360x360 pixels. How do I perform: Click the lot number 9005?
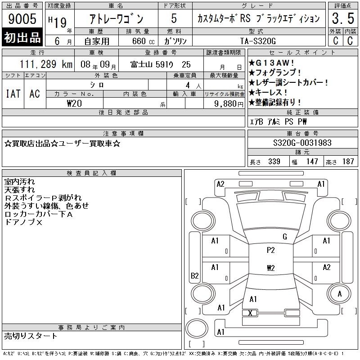(x=22, y=19)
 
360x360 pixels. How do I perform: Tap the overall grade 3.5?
(x=343, y=18)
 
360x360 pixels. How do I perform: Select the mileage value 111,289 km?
(x=46, y=64)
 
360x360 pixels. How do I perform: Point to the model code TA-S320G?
(x=258, y=41)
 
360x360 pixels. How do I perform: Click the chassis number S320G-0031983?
(x=302, y=143)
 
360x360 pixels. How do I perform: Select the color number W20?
(x=74, y=103)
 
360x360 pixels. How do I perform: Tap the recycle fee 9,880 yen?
(x=229, y=104)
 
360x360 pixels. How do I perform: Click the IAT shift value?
(x=13, y=94)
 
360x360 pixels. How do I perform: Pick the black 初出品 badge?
(x=22, y=37)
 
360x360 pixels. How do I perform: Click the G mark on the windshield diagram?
(x=285, y=237)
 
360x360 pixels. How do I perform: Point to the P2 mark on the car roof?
(x=271, y=250)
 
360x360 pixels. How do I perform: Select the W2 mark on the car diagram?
(x=271, y=268)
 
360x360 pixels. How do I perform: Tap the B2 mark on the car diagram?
(x=195, y=275)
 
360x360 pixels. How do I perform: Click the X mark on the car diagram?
(x=250, y=313)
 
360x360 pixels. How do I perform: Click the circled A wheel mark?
(x=340, y=294)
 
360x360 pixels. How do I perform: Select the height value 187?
(x=348, y=162)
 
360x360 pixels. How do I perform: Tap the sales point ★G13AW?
(x=271, y=63)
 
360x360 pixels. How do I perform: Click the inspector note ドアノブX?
(x=23, y=222)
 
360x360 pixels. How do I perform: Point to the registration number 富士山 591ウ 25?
(x=161, y=64)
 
